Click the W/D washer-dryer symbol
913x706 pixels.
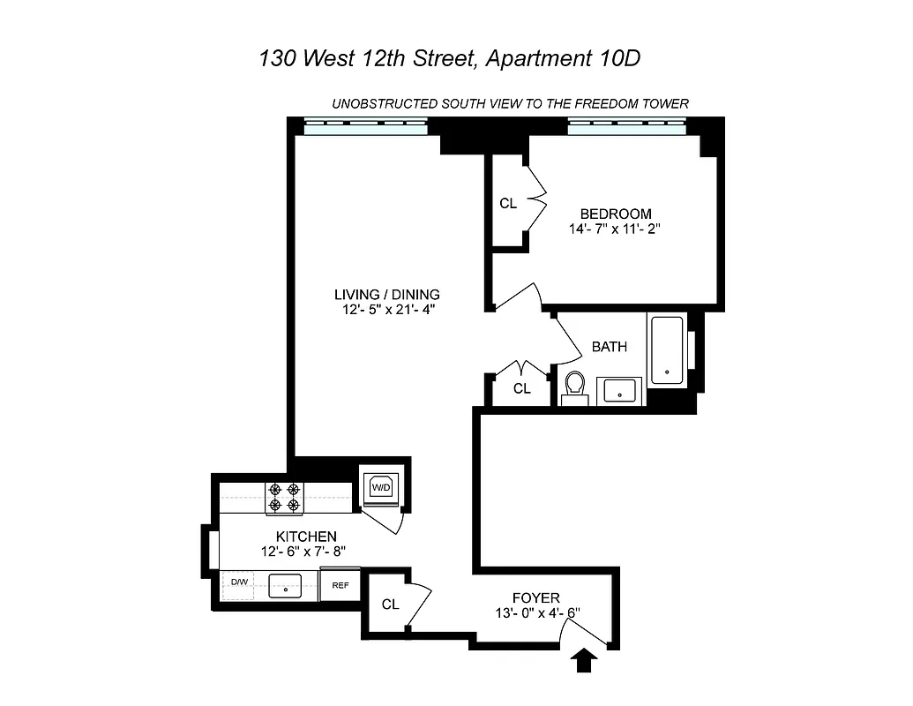point(381,486)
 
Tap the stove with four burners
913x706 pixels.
point(284,498)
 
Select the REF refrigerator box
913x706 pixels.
point(340,584)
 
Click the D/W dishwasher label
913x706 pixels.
point(238,582)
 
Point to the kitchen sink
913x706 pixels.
point(285,585)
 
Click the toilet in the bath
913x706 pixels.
point(575,387)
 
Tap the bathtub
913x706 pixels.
point(667,351)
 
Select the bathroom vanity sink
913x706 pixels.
point(621,390)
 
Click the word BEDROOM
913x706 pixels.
point(616,214)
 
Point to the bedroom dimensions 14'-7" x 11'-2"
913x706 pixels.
point(616,229)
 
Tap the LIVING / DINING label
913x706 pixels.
point(386,294)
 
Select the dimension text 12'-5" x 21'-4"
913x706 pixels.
point(386,309)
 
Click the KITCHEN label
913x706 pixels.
point(306,537)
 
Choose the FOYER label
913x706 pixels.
point(536,598)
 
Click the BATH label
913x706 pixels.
point(610,347)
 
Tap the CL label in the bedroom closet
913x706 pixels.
point(508,204)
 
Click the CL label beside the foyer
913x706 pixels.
point(390,605)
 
